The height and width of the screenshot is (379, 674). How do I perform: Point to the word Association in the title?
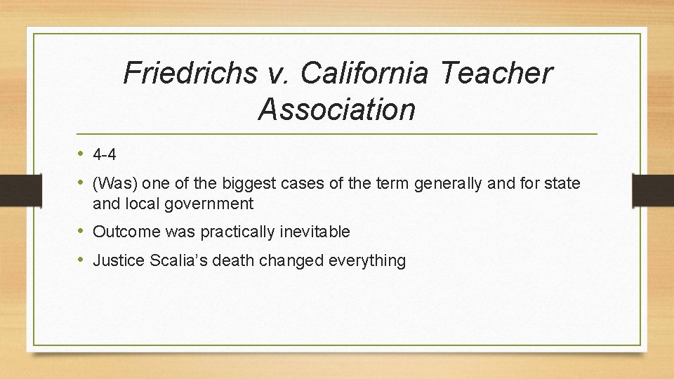click(x=337, y=109)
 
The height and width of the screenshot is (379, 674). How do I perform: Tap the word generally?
click(x=447, y=184)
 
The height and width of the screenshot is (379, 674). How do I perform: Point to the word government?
click(x=209, y=204)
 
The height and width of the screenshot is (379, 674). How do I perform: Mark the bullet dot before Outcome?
click(x=83, y=232)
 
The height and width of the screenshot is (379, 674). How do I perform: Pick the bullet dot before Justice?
click(x=83, y=260)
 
